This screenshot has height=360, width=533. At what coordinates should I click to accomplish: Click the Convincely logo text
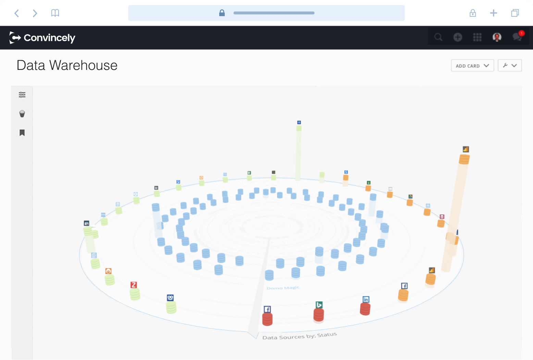(49, 38)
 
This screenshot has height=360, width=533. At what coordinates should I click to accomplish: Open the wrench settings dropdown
(510, 65)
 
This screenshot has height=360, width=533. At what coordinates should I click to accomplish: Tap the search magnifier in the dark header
(438, 37)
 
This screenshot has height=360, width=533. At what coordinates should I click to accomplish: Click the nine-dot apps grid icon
(477, 37)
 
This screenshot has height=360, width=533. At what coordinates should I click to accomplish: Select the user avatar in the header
(497, 37)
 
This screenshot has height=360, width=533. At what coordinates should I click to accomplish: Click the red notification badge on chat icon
(521, 33)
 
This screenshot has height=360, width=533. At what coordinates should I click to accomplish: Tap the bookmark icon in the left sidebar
(22, 133)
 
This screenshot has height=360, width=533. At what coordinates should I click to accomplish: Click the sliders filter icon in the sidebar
(22, 95)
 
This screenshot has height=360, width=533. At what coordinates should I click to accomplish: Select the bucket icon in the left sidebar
(22, 114)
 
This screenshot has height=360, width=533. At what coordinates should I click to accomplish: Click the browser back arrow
(17, 13)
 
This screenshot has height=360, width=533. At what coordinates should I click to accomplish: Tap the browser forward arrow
(35, 13)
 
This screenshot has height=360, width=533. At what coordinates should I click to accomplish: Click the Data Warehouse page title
(67, 65)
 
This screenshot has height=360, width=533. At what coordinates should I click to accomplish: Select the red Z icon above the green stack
(134, 285)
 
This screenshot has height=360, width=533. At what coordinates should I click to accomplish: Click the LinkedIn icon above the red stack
(366, 299)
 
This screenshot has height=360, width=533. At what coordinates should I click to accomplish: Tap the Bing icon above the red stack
(319, 305)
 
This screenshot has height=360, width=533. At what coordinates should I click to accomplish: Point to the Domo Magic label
(283, 288)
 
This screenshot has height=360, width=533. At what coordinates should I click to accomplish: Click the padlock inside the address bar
(222, 13)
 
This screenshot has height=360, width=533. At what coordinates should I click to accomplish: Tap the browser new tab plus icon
(494, 13)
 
